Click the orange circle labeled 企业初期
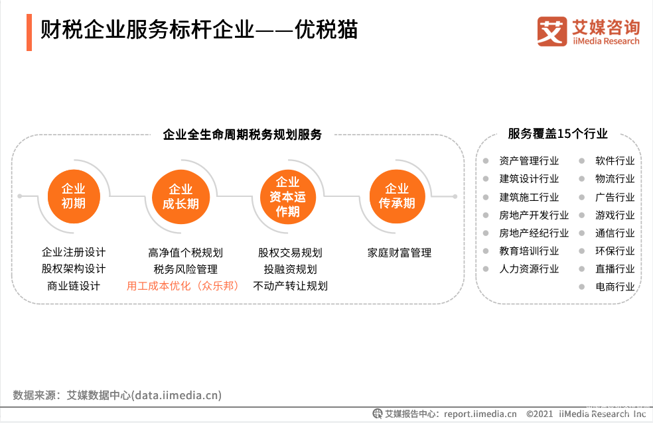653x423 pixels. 74,196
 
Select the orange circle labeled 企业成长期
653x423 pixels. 181,197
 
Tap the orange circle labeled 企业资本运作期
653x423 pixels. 288,197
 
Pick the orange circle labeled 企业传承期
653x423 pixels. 397,196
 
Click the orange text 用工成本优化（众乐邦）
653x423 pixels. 182,286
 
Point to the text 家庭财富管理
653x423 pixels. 399,253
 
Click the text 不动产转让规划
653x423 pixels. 290,286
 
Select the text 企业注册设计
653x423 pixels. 74,252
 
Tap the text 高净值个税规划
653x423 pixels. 185,253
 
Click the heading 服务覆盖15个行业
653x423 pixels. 557,134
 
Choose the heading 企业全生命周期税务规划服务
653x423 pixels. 242,135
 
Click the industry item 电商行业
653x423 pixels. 615,286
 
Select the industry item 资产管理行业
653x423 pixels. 529,160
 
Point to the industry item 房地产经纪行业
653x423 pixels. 534,233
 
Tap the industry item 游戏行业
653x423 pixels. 615,215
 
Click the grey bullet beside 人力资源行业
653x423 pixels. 486,269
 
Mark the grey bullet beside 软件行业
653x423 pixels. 582,160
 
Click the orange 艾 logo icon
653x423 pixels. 552,31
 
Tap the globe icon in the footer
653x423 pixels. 378,414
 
